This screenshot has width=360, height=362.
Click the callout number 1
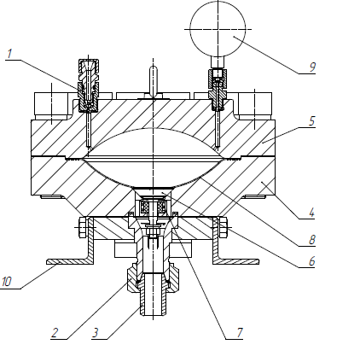9,54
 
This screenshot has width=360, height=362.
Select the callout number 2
55,332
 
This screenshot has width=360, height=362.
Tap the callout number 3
96,332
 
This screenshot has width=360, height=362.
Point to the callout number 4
312,213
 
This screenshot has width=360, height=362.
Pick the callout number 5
312,121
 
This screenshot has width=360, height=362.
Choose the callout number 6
312,261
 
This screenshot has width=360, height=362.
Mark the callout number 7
240,332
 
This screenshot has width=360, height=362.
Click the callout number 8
312,240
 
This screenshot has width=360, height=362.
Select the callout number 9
312,67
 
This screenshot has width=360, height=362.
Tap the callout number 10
6,282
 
